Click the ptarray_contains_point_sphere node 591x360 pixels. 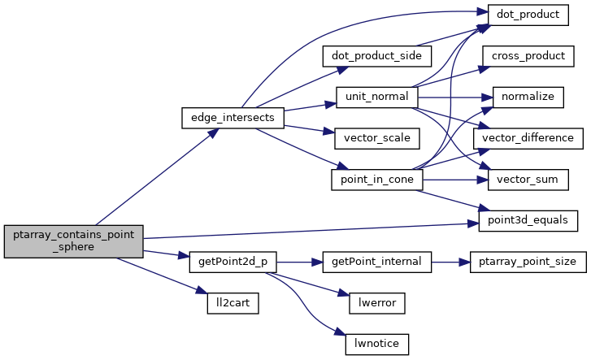pos(74,241)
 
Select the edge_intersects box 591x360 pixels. pos(232,118)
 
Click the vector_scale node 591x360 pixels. pos(371,138)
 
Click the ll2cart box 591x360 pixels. pos(232,303)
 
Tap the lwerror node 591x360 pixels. pos(376,303)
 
